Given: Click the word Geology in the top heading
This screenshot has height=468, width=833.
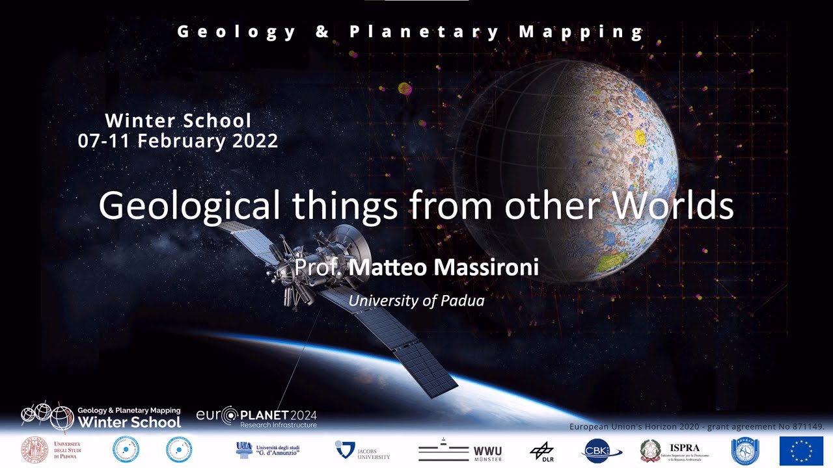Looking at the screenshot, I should click(236, 31).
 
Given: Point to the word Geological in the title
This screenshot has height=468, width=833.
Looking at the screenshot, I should click(189, 206).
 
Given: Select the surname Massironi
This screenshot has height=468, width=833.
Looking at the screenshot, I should click(476, 267).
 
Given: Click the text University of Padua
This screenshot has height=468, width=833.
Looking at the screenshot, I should click(416, 301).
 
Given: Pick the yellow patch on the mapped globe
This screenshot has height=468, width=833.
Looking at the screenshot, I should click(639, 137).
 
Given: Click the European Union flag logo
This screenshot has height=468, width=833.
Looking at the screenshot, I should click(801, 450).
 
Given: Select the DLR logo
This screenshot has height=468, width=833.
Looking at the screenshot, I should click(541, 450).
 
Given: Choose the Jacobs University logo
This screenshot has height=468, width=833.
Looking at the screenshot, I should click(362, 450).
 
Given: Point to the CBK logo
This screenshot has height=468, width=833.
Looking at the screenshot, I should click(601, 450).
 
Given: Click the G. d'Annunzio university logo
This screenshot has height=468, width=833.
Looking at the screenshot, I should click(267, 448).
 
